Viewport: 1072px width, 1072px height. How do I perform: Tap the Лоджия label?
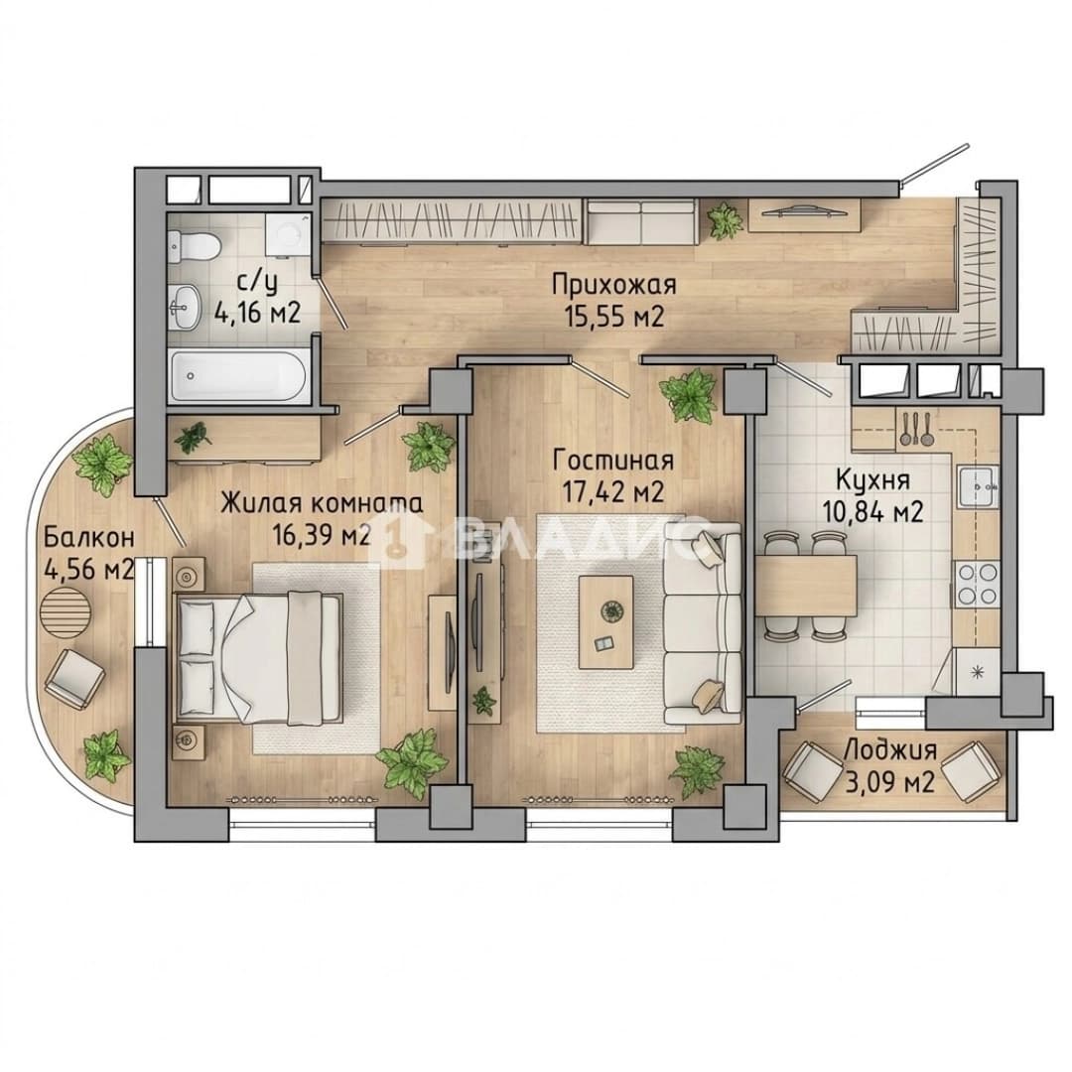tap(889, 750)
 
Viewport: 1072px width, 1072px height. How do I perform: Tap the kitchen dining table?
tap(806, 586)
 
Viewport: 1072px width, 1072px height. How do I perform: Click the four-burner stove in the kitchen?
tap(978, 585)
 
